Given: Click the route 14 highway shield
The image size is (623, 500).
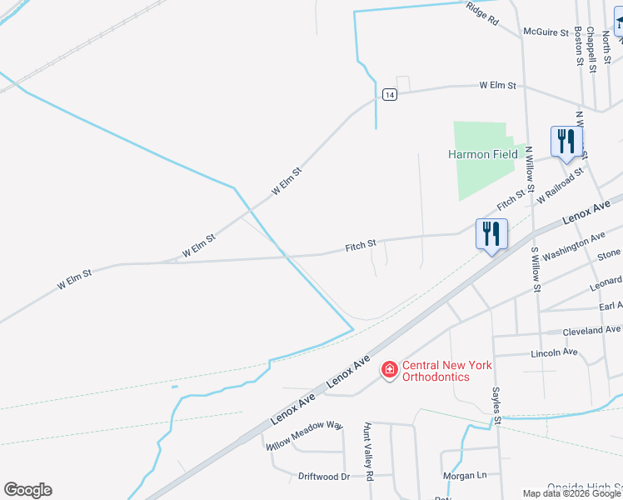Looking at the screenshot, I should pyautogui.click(x=389, y=95).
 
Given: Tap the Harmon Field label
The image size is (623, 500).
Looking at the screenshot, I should pyautogui.click(x=482, y=154).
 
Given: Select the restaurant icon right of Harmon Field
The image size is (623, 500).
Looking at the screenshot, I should pyautogui.click(x=566, y=142).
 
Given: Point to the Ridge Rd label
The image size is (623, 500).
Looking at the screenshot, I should pyautogui.click(x=482, y=12).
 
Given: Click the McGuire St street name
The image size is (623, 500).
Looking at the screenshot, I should pyautogui.click(x=544, y=32).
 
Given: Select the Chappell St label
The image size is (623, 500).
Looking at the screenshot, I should pyautogui.click(x=591, y=49).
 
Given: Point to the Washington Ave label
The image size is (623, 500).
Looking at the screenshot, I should pyautogui.click(x=574, y=247).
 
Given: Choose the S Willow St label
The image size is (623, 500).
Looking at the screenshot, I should pyautogui.click(x=536, y=268).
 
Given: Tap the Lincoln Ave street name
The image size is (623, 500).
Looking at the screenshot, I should pyautogui.click(x=554, y=352).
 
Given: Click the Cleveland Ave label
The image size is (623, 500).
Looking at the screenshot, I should pyautogui.click(x=592, y=331).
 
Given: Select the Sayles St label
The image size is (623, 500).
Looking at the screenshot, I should pyautogui.click(x=496, y=407).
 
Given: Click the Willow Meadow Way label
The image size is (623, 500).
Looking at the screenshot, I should pyautogui.click(x=305, y=436).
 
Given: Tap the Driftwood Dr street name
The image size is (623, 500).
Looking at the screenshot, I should pyautogui.click(x=323, y=476).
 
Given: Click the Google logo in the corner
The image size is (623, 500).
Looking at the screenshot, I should pyautogui.click(x=27, y=490).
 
